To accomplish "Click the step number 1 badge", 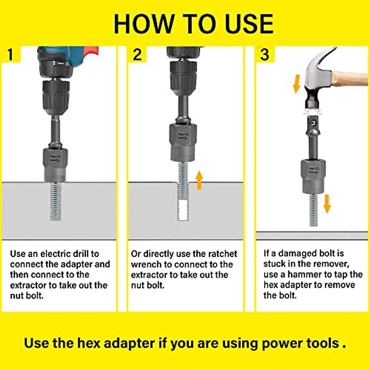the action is point(11,55).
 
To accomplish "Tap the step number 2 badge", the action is point(137,55).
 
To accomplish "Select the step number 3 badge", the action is point(265,55).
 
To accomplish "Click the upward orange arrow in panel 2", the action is point(199,180).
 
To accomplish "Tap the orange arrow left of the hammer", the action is point(297,84).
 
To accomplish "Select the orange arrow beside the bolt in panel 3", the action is point(327,204).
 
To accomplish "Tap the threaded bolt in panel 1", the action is point(56,201).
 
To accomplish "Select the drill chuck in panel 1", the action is point(56,98).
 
